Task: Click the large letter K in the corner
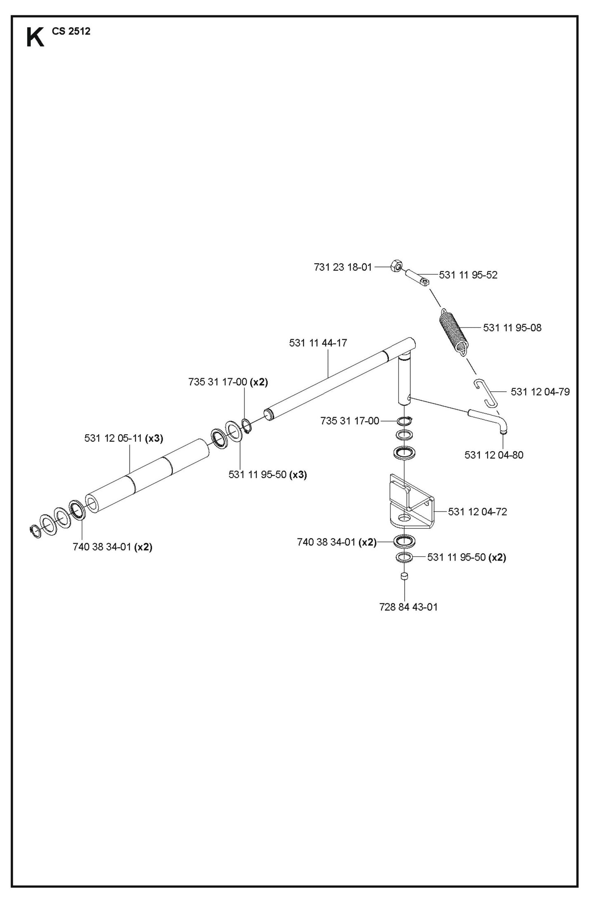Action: [x=35, y=38]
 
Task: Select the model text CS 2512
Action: [x=71, y=31]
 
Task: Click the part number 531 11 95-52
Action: [x=468, y=275]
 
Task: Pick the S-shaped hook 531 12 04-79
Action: [x=486, y=391]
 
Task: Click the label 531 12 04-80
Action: [x=494, y=455]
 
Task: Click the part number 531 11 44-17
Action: [x=318, y=343]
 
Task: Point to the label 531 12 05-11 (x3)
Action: [x=124, y=438]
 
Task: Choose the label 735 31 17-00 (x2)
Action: [x=228, y=382]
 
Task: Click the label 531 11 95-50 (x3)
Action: [x=267, y=475]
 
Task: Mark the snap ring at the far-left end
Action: [x=36, y=531]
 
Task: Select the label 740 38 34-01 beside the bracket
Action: [x=337, y=542]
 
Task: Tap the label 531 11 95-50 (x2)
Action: [x=466, y=558]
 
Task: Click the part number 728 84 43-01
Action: [x=408, y=607]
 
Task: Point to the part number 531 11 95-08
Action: [x=512, y=328]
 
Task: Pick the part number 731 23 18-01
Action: [x=342, y=267]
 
